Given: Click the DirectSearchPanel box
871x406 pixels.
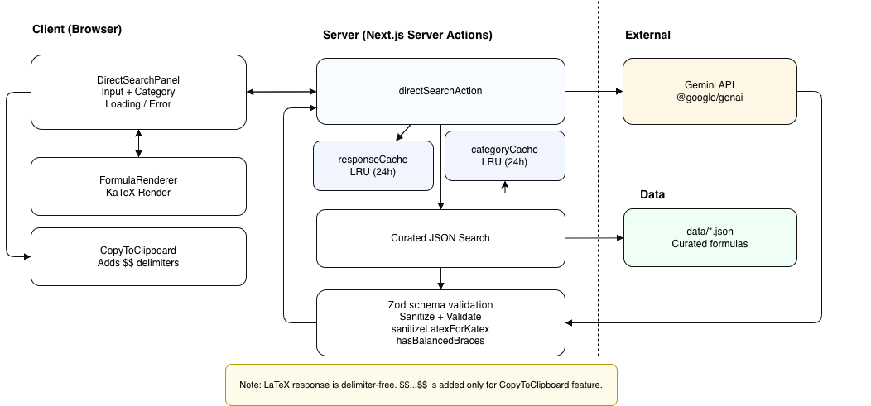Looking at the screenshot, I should [x=138, y=92].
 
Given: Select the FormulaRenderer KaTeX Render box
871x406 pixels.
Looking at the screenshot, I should [x=138, y=185].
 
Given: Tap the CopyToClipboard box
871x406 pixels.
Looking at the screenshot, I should [x=138, y=256].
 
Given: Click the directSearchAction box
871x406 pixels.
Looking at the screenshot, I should [x=440, y=91].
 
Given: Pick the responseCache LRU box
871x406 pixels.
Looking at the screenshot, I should [x=373, y=165].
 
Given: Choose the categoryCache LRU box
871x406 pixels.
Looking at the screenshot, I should [x=504, y=155].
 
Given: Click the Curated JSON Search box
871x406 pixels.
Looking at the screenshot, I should [x=440, y=238].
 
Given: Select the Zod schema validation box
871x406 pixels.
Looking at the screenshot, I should [x=440, y=322].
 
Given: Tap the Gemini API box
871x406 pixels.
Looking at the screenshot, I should [x=710, y=91].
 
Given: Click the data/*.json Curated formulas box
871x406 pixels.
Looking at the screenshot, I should [x=710, y=237].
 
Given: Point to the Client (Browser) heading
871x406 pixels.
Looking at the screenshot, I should [x=77, y=30].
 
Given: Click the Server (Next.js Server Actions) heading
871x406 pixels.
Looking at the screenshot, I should [x=407, y=36].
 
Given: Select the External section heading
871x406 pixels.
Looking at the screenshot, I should [x=647, y=36].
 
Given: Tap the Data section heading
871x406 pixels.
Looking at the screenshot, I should [x=652, y=195].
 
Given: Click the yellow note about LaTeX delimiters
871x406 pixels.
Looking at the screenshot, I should [x=421, y=385].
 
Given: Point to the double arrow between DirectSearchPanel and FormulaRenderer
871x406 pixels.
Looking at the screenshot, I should [x=138, y=142].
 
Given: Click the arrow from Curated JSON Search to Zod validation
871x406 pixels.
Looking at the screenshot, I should [x=440, y=279].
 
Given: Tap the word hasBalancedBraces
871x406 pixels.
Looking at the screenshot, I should [x=440, y=341].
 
